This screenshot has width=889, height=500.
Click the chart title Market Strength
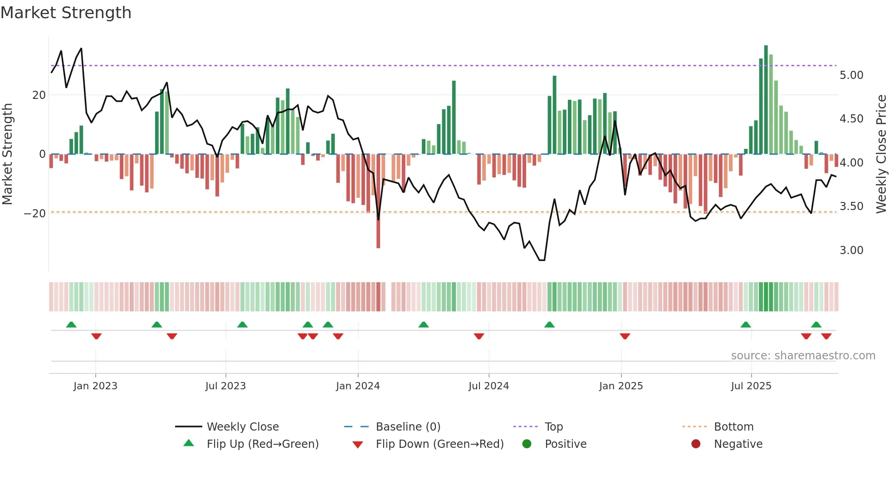pyautogui.click(x=66, y=13)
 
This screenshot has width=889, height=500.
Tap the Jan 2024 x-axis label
pyautogui.click(x=357, y=386)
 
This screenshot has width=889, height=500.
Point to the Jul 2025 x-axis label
pyautogui.click(x=751, y=386)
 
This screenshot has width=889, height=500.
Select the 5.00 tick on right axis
pyautogui.click(x=851, y=75)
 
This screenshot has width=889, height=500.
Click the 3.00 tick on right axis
pyautogui.click(x=851, y=250)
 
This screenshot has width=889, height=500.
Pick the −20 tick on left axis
pyautogui.click(x=35, y=214)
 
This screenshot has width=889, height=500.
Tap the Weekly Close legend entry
pyautogui.click(x=243, y=427)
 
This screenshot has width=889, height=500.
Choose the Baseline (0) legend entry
pyautogui.click(x=408, y=427)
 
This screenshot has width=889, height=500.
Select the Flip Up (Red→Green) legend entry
pyautogui.click(x=262, y=444)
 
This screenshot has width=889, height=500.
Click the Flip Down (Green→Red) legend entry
pyautogui.click(x=439, y=444)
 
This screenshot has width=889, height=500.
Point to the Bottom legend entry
pyautogui.click(x=733, y=427)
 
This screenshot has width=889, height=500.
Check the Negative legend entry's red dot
pyautogui.click(x=696, y=444)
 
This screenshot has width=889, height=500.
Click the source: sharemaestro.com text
pyautogui.click(x=803, y=356)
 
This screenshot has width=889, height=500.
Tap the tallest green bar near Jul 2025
pyautogui.click(x=766, y=100)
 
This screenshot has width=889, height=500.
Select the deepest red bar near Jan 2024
pyautogui.click(x=378, y=202)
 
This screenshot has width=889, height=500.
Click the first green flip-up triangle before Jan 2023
pyautogui.click(x=71, y=325)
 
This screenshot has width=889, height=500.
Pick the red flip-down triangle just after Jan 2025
pyautogui.click(x=625, y=336)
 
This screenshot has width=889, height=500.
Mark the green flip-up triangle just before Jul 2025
pyautogui.click(x=746, y=325)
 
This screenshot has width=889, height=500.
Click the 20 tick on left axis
pyautogui.click(x=39, y=95)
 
